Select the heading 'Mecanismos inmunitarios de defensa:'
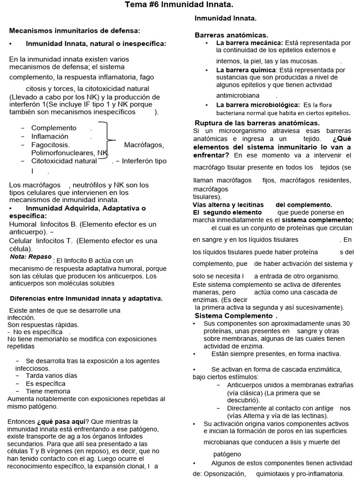(x=75, y=30)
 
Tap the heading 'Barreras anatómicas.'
(x=232, y=35)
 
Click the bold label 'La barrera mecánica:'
(x=249, y=43)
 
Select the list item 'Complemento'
(x=53, y=128)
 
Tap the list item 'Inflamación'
(x=50, y=136)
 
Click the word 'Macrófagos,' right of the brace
(x=144, y=145)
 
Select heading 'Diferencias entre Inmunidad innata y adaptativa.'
(x=86, y=298)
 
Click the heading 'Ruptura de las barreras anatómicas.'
(x=250, y=123)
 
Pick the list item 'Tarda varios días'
(x=52, y=375)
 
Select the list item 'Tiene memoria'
(x=48, y=391)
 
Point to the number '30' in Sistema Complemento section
(x=345, y=323)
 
